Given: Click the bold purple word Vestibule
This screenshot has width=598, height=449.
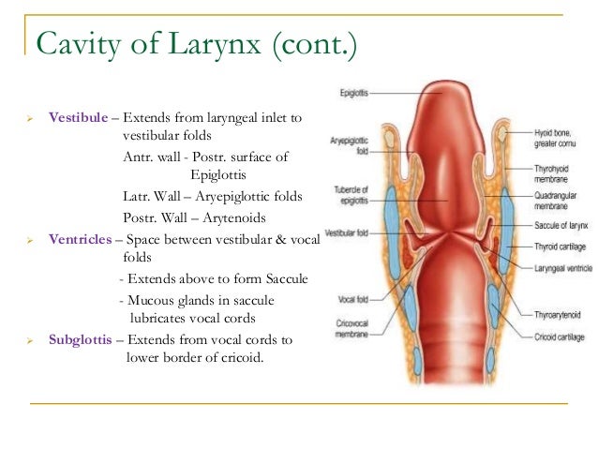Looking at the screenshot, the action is pos(79,118).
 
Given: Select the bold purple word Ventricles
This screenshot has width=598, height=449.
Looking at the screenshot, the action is pos(82,240).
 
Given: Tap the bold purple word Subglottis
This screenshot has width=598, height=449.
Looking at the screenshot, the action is pos(83,339).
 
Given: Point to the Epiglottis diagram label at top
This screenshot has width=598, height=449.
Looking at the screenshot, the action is pos(356,93).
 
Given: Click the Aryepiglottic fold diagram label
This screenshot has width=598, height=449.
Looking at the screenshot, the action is pos(347,146).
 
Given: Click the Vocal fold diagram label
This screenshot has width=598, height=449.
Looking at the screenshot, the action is pos(351,300).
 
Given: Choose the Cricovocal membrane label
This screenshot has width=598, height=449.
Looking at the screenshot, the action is pos(349,323).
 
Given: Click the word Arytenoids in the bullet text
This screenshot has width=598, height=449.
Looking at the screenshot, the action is pos(233,217).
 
